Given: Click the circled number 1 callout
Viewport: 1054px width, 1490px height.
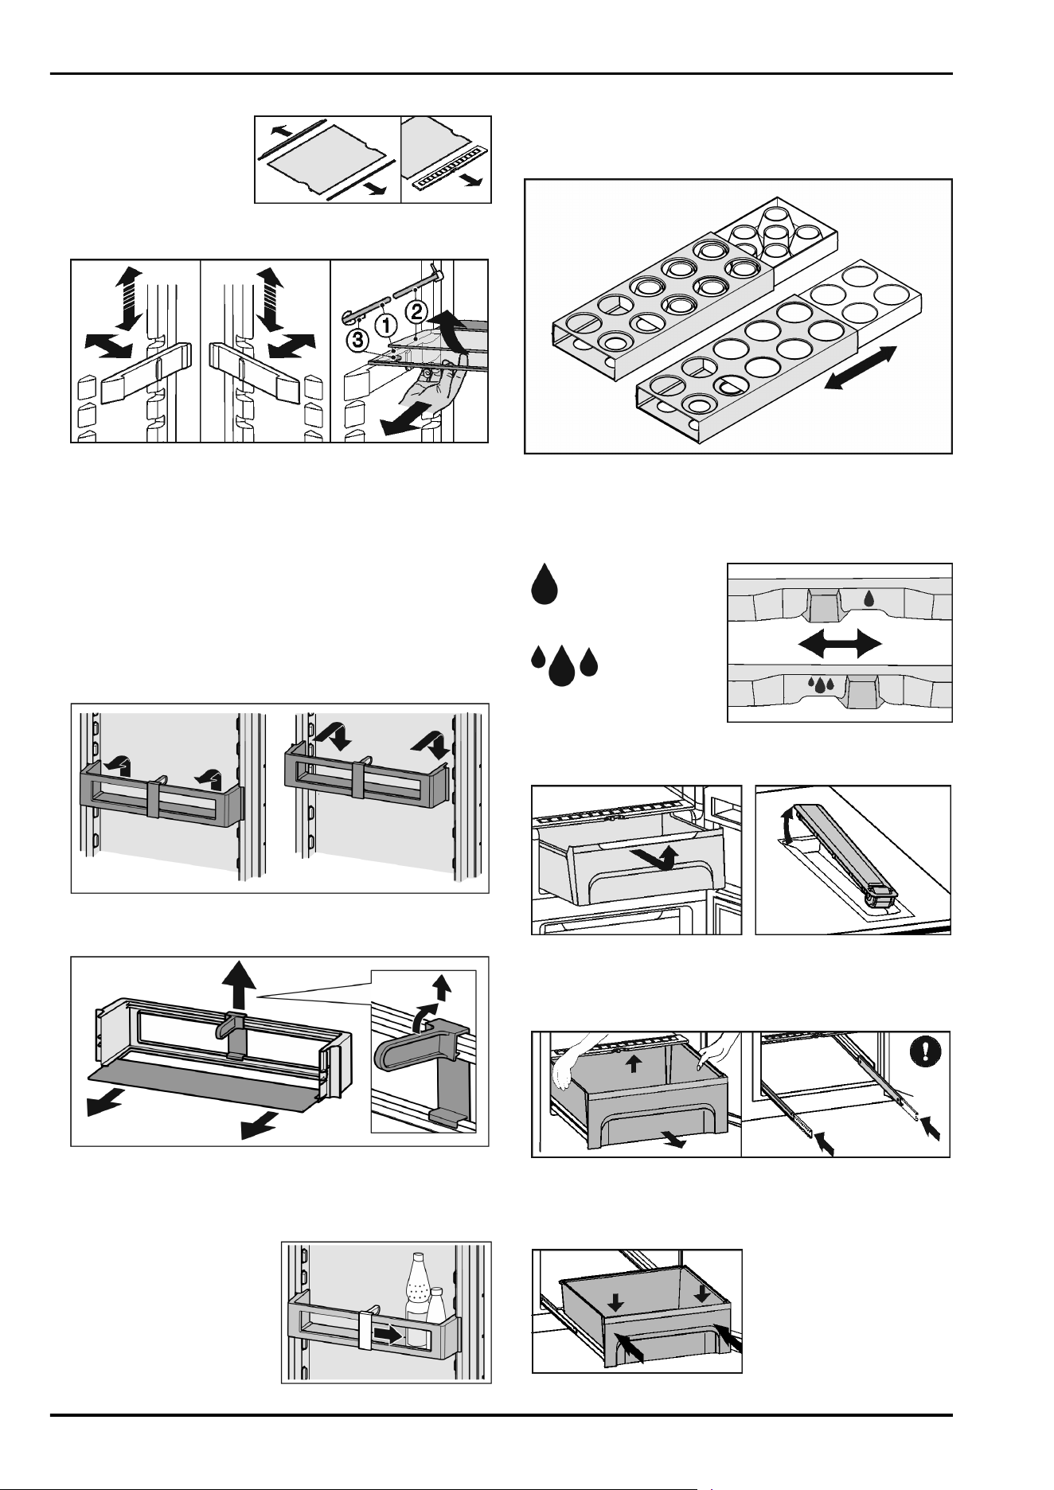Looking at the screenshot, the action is (386, 324).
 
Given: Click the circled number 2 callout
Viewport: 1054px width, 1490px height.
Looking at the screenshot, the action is (419, 307).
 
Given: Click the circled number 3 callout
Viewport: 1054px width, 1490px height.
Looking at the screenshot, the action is (357, 340).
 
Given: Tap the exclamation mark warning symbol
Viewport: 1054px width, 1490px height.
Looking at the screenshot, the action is (924, 1051).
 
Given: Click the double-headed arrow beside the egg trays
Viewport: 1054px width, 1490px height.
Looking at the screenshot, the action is (861, 368).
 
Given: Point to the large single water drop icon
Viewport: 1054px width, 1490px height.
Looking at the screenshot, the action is (545, 583).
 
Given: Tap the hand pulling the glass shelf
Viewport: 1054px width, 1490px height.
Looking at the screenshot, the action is (428, 388).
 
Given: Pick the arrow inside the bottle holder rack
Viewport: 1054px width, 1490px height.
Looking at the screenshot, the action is (389, 1332).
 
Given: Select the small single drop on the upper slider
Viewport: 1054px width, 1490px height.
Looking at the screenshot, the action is (869, 599).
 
